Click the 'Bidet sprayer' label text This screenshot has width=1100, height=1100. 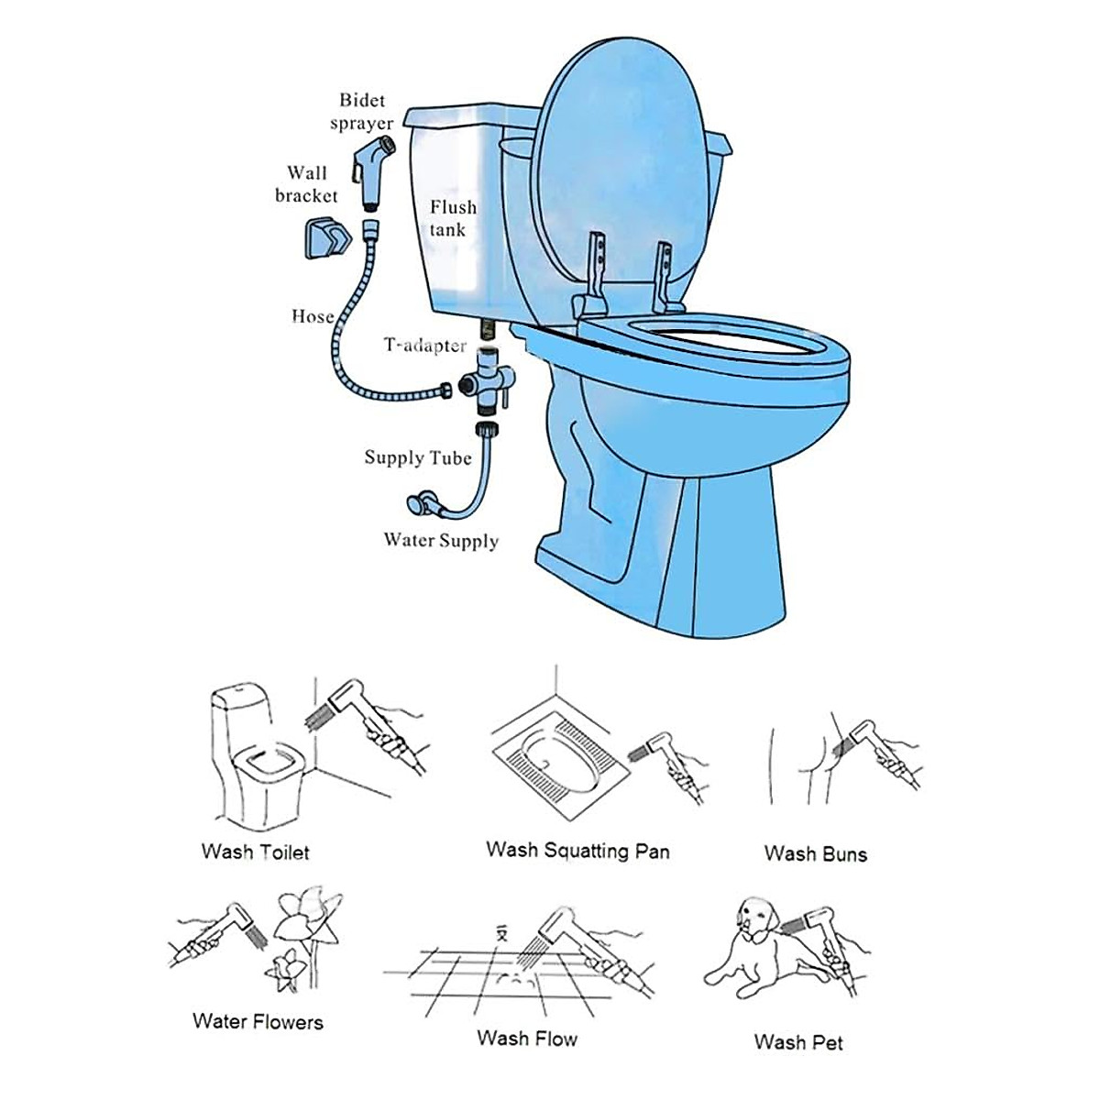coord(362,112)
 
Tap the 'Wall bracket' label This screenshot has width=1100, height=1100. coord(306,184)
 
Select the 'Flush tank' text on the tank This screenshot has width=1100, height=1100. coord(452,218)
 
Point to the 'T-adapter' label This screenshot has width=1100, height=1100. coord(424,346)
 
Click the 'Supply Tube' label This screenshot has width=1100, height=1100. coord(418,457)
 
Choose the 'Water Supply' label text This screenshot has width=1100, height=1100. coord(441,540)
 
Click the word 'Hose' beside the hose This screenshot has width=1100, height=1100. coord(313,316)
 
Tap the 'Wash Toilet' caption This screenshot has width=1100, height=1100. coord(256,852)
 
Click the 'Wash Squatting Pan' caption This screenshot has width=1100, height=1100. coord(577,850)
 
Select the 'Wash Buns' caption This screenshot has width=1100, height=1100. coord(815,853)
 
